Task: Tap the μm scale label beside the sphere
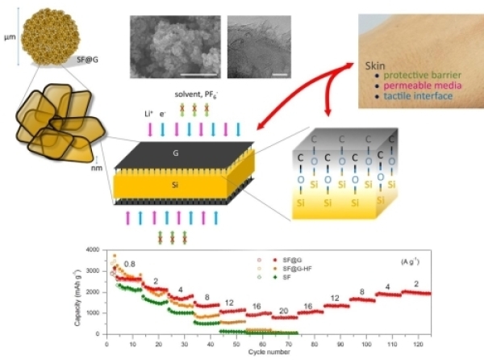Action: (9, 36)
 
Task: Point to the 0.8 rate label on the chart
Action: (129, 264)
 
